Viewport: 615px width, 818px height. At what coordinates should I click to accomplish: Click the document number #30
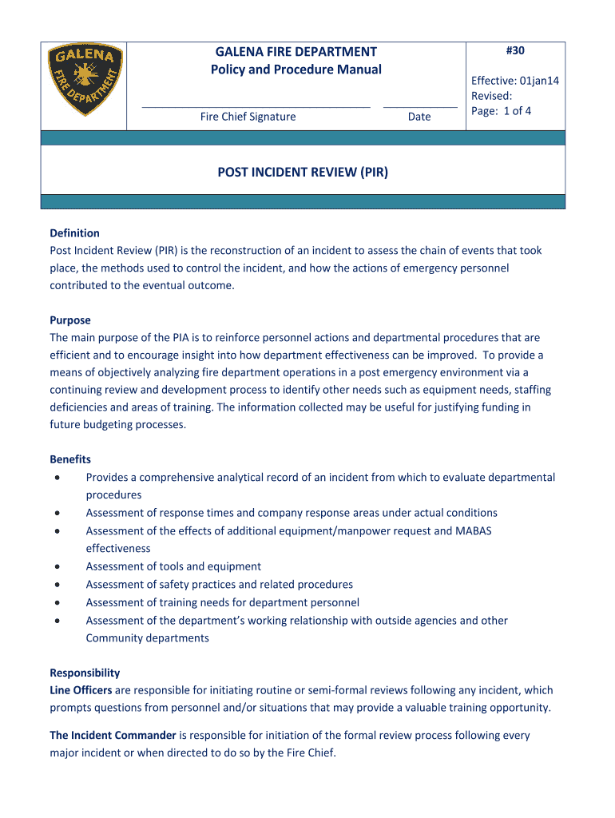pos(515,51)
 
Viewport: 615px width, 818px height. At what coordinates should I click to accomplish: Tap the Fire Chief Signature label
pos(248,117)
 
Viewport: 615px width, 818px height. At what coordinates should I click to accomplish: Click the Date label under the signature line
pos(419,117)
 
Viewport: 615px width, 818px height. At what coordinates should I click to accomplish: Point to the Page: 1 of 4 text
pos(501,111)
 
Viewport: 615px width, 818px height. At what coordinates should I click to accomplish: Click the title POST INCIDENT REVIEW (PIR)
pos(303,171)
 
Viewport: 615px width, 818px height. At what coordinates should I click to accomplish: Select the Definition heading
pos(74,233)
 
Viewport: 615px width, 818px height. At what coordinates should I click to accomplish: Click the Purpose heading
pos(70,320)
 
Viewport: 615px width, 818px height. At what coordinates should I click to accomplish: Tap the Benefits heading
pos(70,459)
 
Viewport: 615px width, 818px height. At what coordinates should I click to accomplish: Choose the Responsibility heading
pos(85,673)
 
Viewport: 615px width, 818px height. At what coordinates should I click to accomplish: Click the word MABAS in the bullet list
pos(474,531)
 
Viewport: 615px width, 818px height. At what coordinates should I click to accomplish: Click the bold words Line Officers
pos(81,690)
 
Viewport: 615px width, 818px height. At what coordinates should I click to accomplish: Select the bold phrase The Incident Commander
pos(113,735)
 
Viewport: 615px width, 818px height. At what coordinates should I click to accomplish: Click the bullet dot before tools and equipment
pos(58,566)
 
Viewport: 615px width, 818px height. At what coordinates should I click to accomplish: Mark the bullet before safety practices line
pos(58,585)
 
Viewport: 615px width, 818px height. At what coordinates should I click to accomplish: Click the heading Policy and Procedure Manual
pos(296,69)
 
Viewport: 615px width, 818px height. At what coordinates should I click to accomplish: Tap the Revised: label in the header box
pos(491,96)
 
